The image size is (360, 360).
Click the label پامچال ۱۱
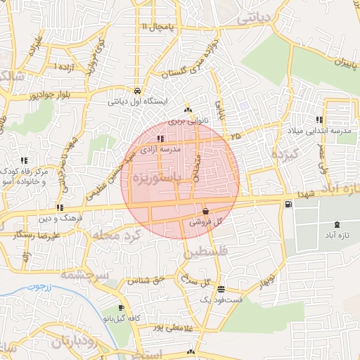coord(157,27)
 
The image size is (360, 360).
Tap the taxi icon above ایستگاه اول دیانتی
coord(136,90)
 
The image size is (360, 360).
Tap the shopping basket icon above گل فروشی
coord(205,211)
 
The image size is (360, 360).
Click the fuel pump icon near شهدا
coord(289,205)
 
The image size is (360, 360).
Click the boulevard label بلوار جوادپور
coord(51,94)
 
